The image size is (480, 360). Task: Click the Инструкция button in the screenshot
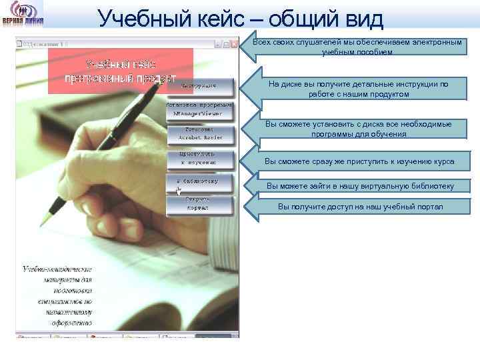(x=200, y=87)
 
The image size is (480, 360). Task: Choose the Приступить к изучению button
(x=200, y=158)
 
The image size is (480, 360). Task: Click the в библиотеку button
(x=200, y=181)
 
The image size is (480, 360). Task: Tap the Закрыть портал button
(x=200, y=203)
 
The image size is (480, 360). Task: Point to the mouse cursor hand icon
(x=178, y=191)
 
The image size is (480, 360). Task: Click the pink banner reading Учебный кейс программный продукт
(x=121, y=71)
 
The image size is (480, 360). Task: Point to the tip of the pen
(x=43, y=223)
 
